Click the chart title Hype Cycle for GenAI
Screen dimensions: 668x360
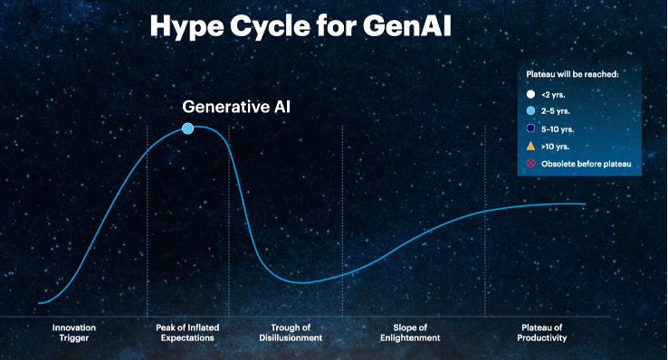tap(301, 26)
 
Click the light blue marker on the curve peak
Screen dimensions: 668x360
tap(187, 128)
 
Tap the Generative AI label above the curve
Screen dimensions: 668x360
tap(236, 107)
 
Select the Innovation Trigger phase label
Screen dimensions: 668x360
tap(74, 333)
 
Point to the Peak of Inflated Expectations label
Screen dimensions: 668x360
tap(187, 333)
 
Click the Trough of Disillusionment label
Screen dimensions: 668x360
tap(291, 333)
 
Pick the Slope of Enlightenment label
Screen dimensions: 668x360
tap(410, 333)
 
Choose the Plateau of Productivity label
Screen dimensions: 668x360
tap(542, 333)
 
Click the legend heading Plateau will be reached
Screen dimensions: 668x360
tap(573, 74)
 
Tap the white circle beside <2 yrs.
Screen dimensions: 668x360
tap(530, 94)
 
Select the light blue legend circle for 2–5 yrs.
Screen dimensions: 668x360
tap(530, 111)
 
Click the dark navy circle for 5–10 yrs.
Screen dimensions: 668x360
tap(530, 128)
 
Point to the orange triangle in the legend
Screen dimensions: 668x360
tap(530, 147)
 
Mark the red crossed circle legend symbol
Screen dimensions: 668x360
tap(530, 164)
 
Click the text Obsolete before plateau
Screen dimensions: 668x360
tap(587, 164)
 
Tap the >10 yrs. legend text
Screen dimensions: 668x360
tap(555, 147)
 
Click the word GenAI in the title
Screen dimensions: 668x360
tap(406, 26)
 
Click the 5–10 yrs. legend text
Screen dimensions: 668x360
tap(558, 129)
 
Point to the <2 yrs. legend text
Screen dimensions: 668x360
tap(553, 95)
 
